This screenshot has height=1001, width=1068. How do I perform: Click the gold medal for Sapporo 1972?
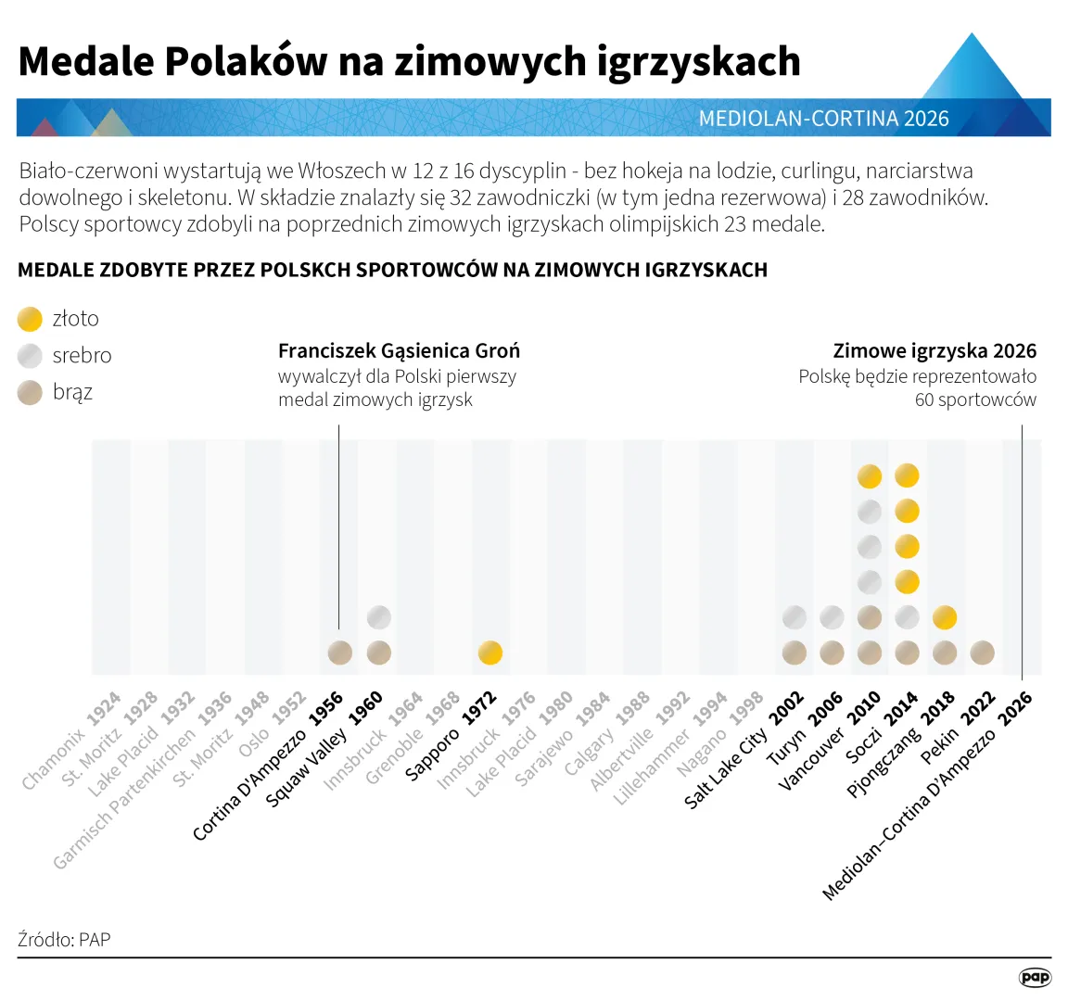489,653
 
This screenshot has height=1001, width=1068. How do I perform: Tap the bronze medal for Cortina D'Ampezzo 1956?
340,653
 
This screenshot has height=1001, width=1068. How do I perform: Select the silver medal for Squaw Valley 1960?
378,617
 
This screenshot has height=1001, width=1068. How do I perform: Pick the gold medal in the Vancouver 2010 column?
869,476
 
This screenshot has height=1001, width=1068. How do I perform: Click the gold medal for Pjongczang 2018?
944,617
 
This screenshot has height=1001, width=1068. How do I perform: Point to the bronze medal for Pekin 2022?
982,653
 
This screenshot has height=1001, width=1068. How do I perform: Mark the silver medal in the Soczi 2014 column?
907,617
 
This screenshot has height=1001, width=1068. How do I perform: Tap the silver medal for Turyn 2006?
832,617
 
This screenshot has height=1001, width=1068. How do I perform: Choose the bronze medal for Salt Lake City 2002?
794,653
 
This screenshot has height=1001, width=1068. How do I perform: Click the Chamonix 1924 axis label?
72,741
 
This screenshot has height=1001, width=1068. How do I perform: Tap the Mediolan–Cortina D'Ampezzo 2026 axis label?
928,796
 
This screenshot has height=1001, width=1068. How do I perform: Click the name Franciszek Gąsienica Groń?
399,351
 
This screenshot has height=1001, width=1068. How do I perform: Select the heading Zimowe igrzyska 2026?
934,351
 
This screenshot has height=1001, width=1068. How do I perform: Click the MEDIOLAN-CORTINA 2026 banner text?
823,119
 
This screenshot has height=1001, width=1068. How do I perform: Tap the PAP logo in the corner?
1035,977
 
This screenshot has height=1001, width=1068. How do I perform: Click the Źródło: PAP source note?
64,939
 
